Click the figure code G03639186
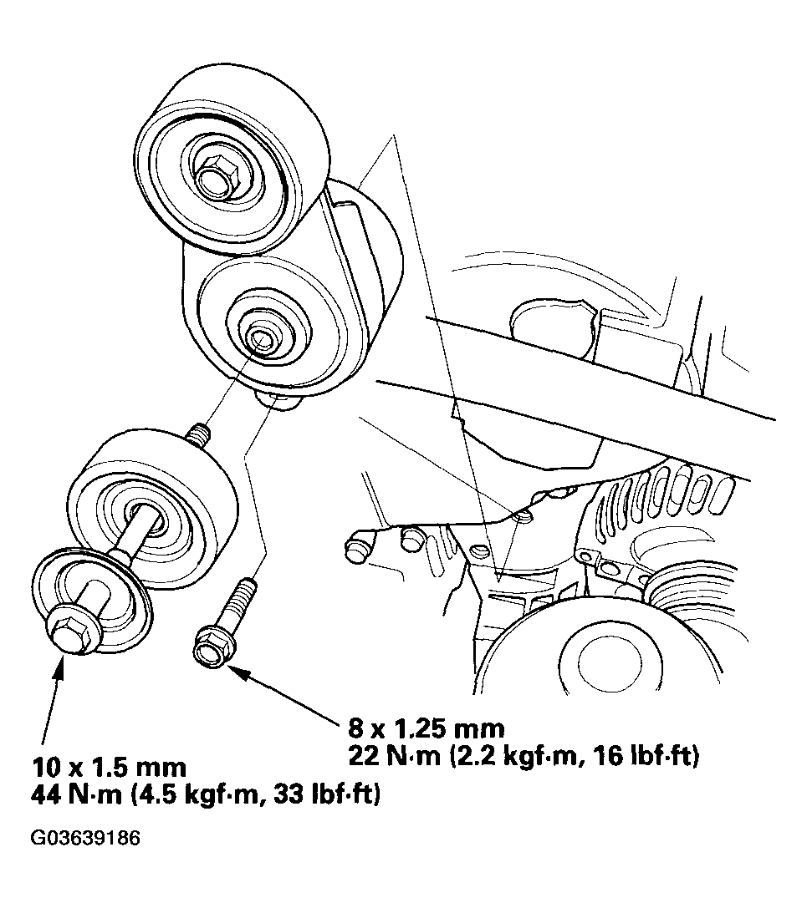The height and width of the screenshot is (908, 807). coord(85,839)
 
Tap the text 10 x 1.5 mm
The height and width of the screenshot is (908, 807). coord(110,768)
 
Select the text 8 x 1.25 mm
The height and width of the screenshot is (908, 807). coord(426,728)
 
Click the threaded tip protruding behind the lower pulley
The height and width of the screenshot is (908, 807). coord(198,436)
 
